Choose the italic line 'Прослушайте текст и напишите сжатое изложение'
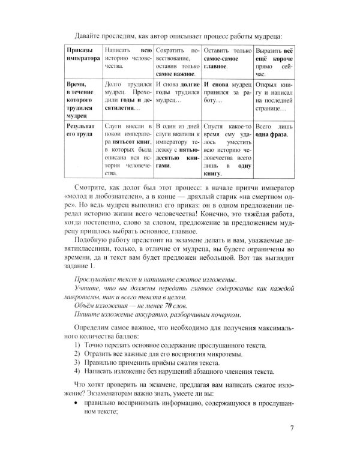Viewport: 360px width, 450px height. (153, 280)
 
